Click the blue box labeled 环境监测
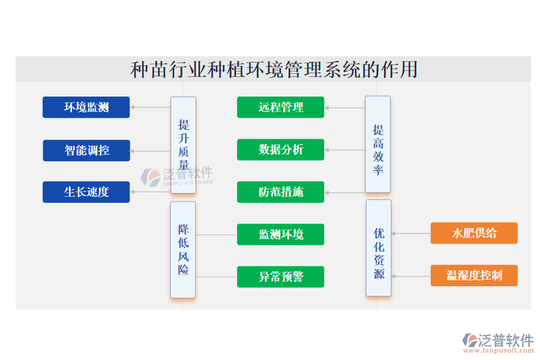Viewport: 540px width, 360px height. point(86,107)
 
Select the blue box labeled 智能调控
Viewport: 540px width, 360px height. point(86,150)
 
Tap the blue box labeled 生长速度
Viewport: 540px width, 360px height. point(86,192)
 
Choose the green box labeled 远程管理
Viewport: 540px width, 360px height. point(280,107)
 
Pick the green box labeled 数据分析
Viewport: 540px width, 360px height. point(280,150)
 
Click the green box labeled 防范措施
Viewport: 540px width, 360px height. point(280,192)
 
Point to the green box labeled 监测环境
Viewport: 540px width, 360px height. point(280,235)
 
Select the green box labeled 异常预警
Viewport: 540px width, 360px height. point(280,277)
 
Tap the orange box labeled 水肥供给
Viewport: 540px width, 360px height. point(474,233)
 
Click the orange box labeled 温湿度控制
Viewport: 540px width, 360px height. point(474,275)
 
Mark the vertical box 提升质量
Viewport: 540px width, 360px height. point(184,145)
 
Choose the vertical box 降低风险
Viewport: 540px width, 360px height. point(183,250)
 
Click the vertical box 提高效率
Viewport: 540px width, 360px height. point(378,145)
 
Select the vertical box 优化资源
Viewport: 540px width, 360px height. point(379,248)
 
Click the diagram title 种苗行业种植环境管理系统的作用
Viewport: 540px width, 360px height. point(274,70)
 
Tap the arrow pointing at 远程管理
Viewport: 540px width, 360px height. point(344,108)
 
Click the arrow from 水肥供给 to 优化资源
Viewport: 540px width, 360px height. point(411,233)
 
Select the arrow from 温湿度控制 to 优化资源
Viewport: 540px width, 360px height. point(411,277)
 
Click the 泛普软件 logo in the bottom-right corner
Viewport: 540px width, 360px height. point(497,341)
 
